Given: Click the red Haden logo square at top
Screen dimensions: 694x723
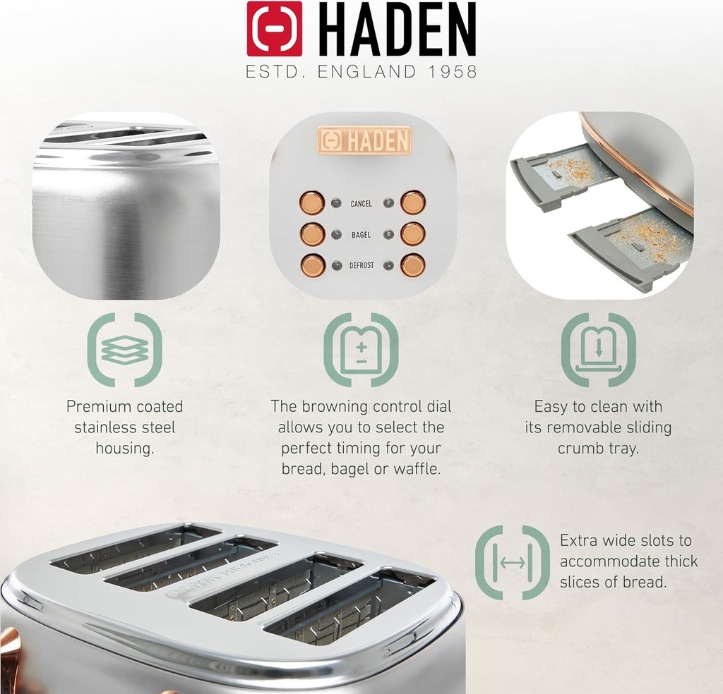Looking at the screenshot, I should point(275,29).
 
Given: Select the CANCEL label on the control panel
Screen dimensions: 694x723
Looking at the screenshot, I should point(361,204).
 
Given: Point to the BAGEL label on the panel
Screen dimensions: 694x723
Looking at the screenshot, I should point(361,235).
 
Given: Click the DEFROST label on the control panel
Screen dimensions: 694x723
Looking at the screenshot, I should point(361,266).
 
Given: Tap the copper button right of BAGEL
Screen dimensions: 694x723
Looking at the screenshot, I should point(413,233).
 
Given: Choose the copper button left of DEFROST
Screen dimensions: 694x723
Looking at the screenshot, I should point(312,265).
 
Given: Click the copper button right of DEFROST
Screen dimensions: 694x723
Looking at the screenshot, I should point(413,265).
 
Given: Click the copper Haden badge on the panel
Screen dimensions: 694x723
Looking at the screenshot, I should point(364,140).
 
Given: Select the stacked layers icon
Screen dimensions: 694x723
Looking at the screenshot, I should point(125,351).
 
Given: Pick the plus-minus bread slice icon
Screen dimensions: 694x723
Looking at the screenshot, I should point(361,351).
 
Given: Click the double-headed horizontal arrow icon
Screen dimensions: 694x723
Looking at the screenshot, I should point(513,562).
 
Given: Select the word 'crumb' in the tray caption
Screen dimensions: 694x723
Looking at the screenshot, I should point(579,449).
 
